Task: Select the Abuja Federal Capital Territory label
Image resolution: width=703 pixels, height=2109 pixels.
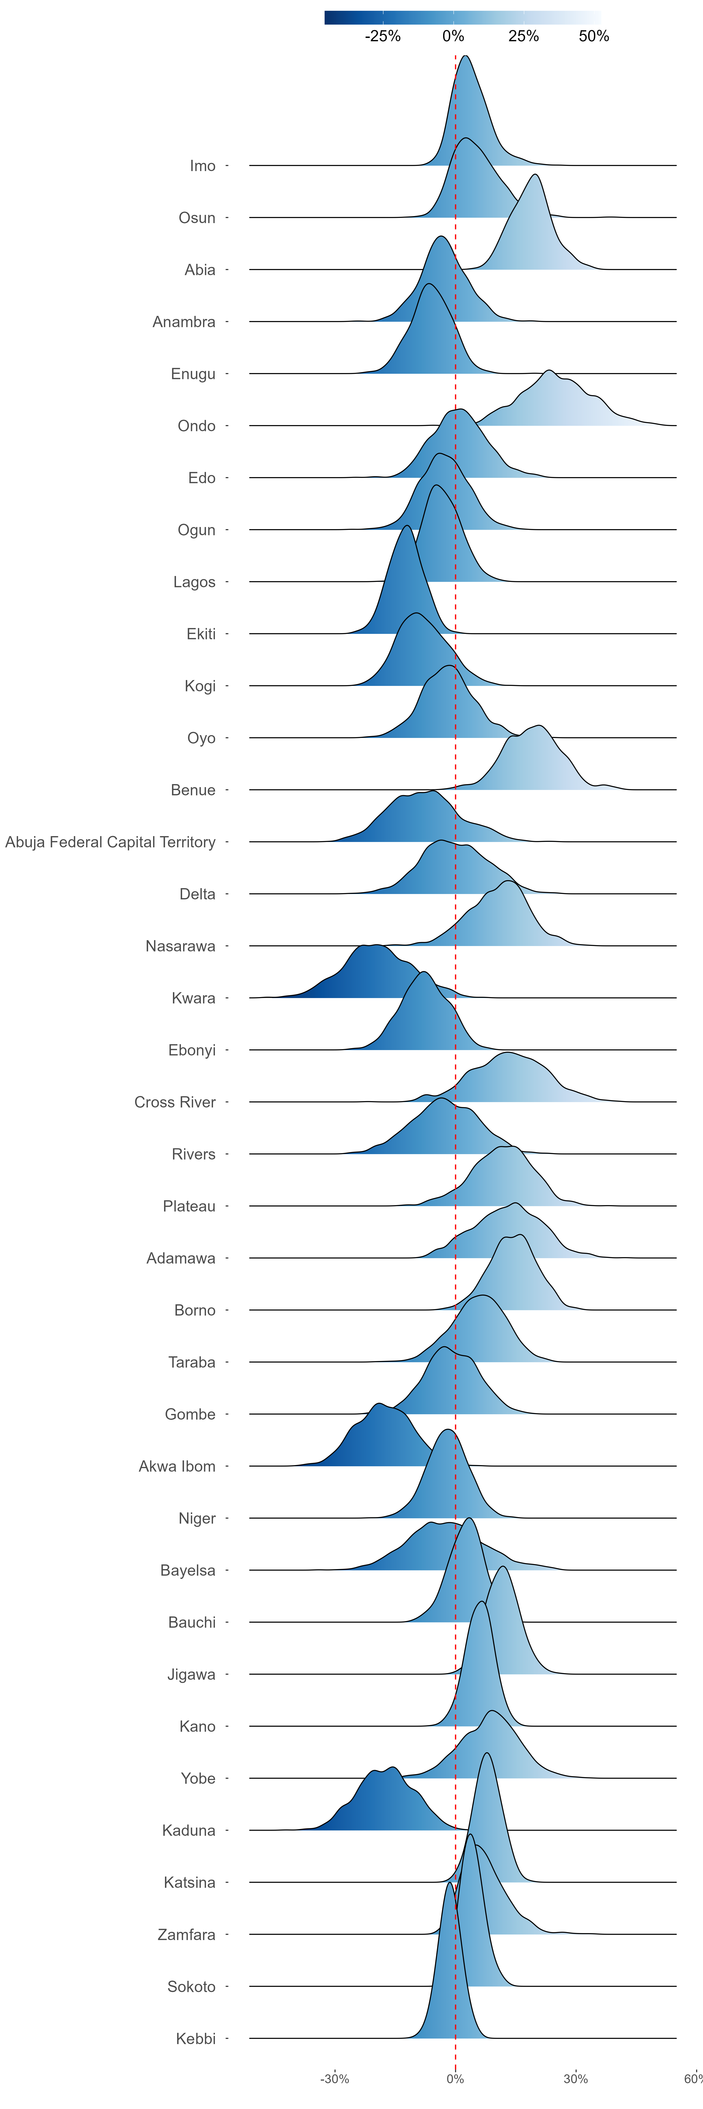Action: pos(110,842)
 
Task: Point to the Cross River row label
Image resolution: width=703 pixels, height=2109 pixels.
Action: pos(175,1102)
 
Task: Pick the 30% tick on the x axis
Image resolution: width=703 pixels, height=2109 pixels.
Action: pos(575,2079)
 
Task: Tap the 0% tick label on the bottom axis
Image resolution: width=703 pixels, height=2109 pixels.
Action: pos(455,2079)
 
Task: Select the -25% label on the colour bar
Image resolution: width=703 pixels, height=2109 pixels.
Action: pos(383,36)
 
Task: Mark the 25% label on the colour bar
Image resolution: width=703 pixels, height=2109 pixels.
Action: pos(524,36)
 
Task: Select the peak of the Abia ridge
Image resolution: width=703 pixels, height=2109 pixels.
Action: pos(535,174)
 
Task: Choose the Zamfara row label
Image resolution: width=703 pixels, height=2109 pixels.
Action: pos(187,1935)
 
